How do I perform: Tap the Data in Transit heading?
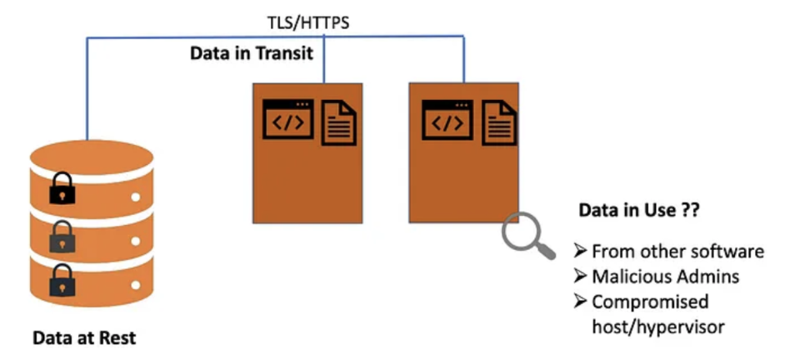251,54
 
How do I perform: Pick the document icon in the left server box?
339,122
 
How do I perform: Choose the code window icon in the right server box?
447,120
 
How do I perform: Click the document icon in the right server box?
497,122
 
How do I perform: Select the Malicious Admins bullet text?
666,276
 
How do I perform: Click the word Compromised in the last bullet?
649,302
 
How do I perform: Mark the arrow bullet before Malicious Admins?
581,276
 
